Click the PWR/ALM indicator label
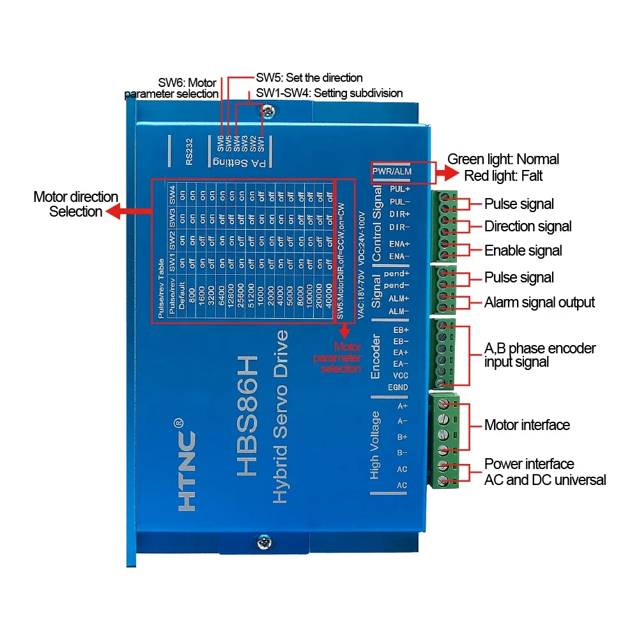tap(393, 171)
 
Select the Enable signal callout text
tap(523, 250)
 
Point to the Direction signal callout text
tap(528, 226)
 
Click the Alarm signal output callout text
tap(539, 302)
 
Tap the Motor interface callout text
tap(527, 425)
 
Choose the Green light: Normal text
tap(503, 159)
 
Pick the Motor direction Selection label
tap(75, 204)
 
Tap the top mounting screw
tap(267, 111)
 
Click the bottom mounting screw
tap(263, 543)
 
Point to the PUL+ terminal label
tap(400, 189)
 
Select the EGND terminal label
tap(397, 387)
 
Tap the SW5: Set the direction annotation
tap(309, 78)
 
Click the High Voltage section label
tap(375, 445)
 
